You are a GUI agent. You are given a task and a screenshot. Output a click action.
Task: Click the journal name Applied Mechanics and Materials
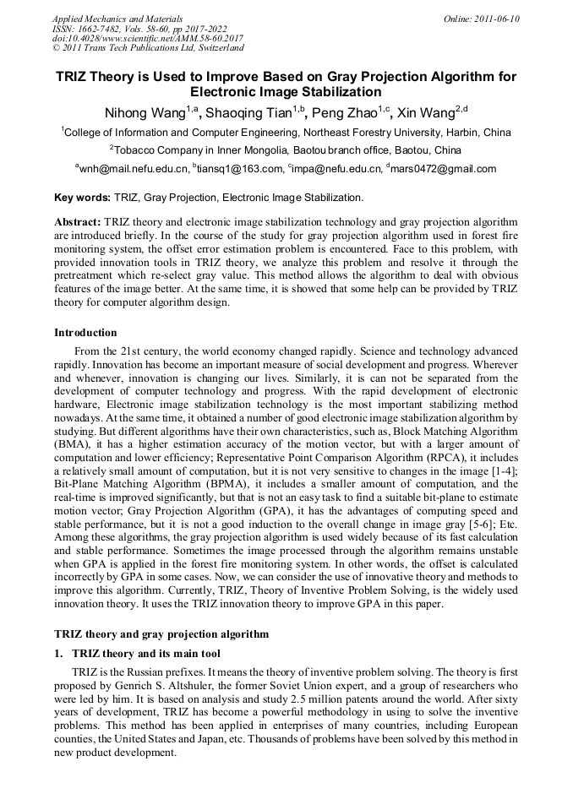coord(117,19)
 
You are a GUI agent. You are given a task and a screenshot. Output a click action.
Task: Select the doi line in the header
coord(148,39)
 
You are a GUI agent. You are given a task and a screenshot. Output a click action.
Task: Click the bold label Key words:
coord(82,198)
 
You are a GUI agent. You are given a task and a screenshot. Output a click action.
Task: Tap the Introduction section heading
coord(85,333)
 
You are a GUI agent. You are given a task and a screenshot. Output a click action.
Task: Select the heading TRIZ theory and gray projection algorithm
coord(161,634)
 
